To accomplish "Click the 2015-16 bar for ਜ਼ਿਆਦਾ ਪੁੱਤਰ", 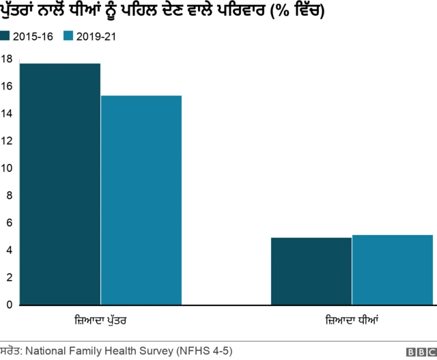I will click(x=61, y=184).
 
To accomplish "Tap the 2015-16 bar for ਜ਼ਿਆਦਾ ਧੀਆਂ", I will click(x=311, y=271).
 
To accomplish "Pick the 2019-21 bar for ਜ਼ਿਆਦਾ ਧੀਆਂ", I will click(x=392, y=270).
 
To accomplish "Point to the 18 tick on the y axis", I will click(x=6, y=59).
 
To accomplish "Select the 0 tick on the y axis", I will click(x=9, y=305).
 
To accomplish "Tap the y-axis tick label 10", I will click(x=6, y=168).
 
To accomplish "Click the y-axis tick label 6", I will click(x=9, y=223).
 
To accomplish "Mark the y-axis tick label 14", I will click(x=6, y=113).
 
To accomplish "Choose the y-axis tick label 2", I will click(x=9, y=277).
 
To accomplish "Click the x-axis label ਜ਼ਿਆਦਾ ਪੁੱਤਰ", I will click(x=101, y=320).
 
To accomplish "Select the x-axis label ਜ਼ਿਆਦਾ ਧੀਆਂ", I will click(x=352, y=320).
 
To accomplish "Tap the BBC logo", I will click(x=419, y=351).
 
